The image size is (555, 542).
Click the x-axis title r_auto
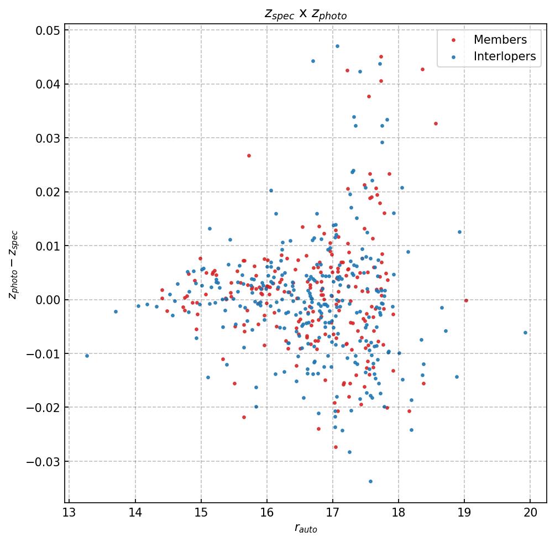coord(305,529)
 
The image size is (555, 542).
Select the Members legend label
coord(500,40)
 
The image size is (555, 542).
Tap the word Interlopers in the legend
coord(504,56)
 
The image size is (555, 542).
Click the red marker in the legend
coord(454,40)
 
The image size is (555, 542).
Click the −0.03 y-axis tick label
coord(44,461)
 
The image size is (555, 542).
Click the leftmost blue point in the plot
coord(87,356)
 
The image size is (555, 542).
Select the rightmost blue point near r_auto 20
coord(525,332)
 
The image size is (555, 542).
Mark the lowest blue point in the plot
coord(370,481)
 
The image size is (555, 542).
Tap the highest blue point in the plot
coord(337,46)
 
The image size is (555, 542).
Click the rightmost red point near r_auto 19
coord(466,300)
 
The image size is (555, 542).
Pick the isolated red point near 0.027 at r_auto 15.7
coord(249,155)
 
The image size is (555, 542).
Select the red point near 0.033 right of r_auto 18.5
coord(436,123)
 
